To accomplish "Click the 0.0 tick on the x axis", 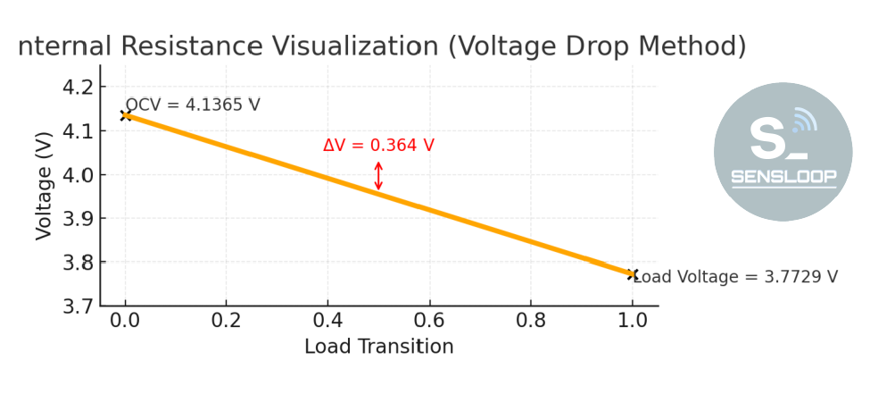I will pyautogui.click(x=125, y=322).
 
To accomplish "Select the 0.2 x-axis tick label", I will pyautogui.click(x=227, y=322).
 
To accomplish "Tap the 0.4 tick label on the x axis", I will pyautogui.click(x=328, y=322).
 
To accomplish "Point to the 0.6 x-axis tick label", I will pyautogui.click(x=430, y=322).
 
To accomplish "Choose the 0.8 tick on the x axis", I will pyautogui.click(x=532, y=322).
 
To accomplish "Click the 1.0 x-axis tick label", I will pyautogui.click(x=633, y=322).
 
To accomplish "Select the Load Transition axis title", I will pyautogui.click(x=378, y=347).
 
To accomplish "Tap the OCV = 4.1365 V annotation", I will pyautogui.click(x=193, y=105).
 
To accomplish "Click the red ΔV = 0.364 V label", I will pyautogui.click(x=378, y=146).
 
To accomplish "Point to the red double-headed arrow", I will pyautogui.click(x=378, y=176).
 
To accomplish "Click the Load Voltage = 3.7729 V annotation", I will pyautogui.click(x=735, y=276).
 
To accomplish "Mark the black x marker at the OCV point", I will pyautogui.click(x=126, y=114).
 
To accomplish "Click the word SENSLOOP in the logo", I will pyautogui.click(x=783, y=177).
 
